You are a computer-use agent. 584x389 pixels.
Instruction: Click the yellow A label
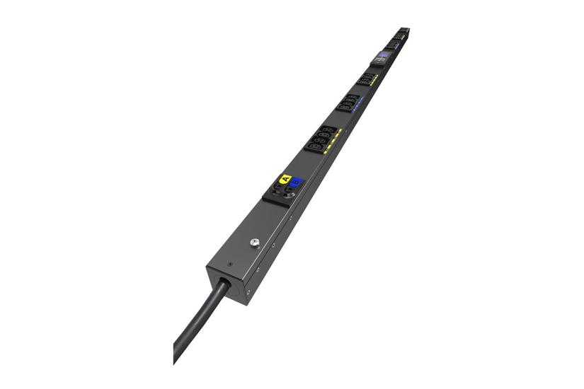coord(285,178)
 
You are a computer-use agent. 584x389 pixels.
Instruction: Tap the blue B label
coord(296,182)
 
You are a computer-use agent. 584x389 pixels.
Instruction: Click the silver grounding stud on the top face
coord(254,243)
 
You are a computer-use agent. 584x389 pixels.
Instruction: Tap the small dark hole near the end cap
coord(229,267)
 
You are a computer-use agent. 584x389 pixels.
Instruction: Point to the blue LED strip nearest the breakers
coord(357,105)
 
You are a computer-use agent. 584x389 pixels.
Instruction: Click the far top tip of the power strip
coord(405,29)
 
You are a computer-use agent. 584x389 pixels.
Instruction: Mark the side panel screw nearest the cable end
coord(248,291)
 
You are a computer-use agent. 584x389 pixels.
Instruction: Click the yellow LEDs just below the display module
coord(375,77)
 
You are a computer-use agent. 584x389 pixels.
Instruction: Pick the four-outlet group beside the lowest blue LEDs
coord(348,103)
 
